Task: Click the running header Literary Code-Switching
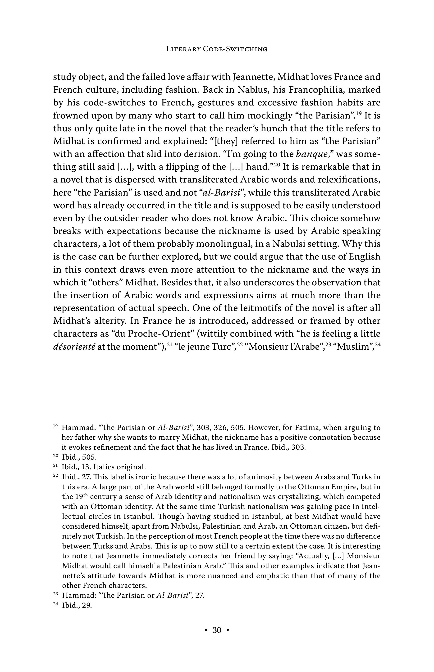(x=217, y=49)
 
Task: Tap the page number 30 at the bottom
(x=217, y=630)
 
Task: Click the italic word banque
(x=312, y=154)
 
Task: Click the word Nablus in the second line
(x=251, y=90)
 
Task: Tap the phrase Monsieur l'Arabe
(x=285, y=347)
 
